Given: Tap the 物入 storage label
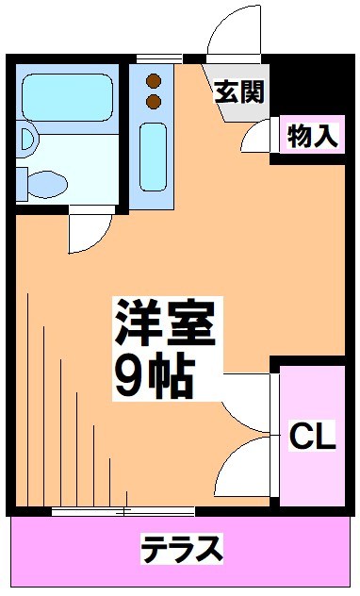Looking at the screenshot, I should pos(312,136).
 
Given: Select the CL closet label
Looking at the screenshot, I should pos(311,437).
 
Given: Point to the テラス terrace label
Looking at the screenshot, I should pos(182,547).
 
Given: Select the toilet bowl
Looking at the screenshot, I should pos(45,180).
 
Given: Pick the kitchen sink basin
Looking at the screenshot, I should pos(153,156).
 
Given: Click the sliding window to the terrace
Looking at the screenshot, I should pos(123,510).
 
